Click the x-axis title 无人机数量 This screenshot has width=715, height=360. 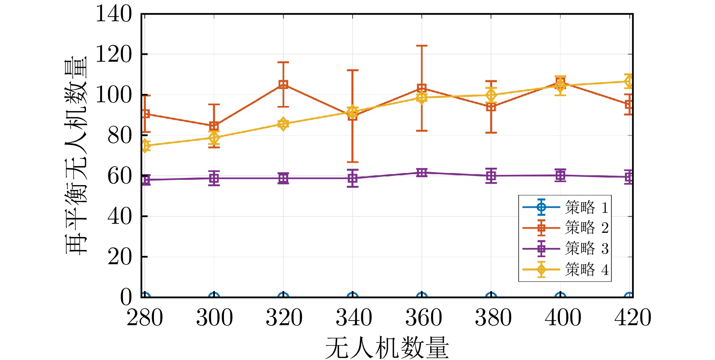(x=387, y=348)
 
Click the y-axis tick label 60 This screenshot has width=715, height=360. (x=120, y=176)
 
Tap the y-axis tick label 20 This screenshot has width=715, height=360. (x=120, y=257)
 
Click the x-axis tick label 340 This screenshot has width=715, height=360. (x=354, y=318)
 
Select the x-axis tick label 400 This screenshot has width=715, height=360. (x=563, y=318)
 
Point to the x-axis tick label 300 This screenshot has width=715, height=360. (x=214, y=318)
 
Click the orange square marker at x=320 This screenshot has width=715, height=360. (x=283, y=84)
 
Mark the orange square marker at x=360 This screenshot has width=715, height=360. (x=422, y=89)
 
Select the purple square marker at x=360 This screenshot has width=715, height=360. (x=422, y=173)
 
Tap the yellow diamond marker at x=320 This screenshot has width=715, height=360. (x=283, y=124)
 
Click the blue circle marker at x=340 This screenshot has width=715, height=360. (x=353, y=297)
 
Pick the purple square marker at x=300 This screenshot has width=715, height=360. (x=214, y=178)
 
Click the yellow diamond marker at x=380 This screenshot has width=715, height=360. (x=491, y=95)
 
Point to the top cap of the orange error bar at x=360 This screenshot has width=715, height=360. (x=422, y=46)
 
